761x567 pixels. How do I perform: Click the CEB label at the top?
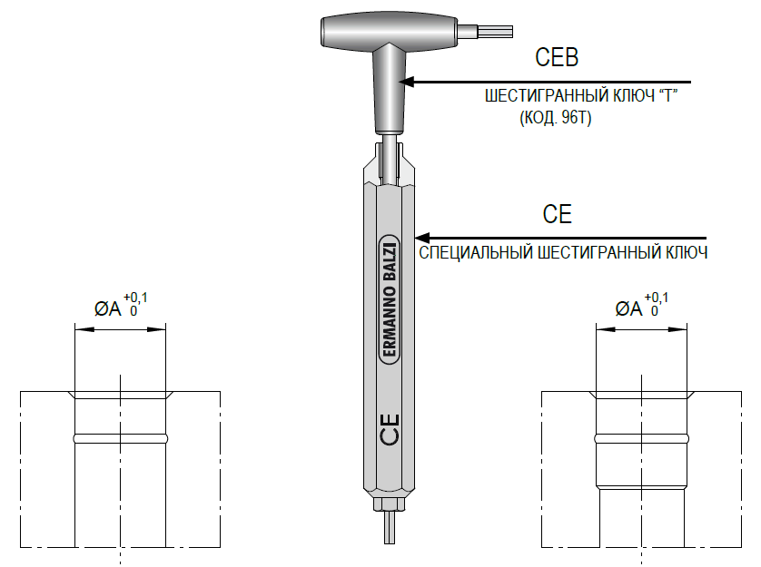tap(557, 57)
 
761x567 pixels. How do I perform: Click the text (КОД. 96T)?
tap(556, 118)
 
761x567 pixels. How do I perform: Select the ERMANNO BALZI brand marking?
tap(389, 299)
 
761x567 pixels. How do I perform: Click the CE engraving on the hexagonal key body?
tap(390, 429)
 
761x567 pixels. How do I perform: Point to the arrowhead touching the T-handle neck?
tap(406, 82)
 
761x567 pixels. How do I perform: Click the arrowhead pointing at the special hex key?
tap(422, 239)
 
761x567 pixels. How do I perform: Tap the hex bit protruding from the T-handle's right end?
tap(496, 32)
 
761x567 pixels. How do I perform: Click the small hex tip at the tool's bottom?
tap(390, 527)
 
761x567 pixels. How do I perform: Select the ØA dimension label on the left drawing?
tap(107, 308)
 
